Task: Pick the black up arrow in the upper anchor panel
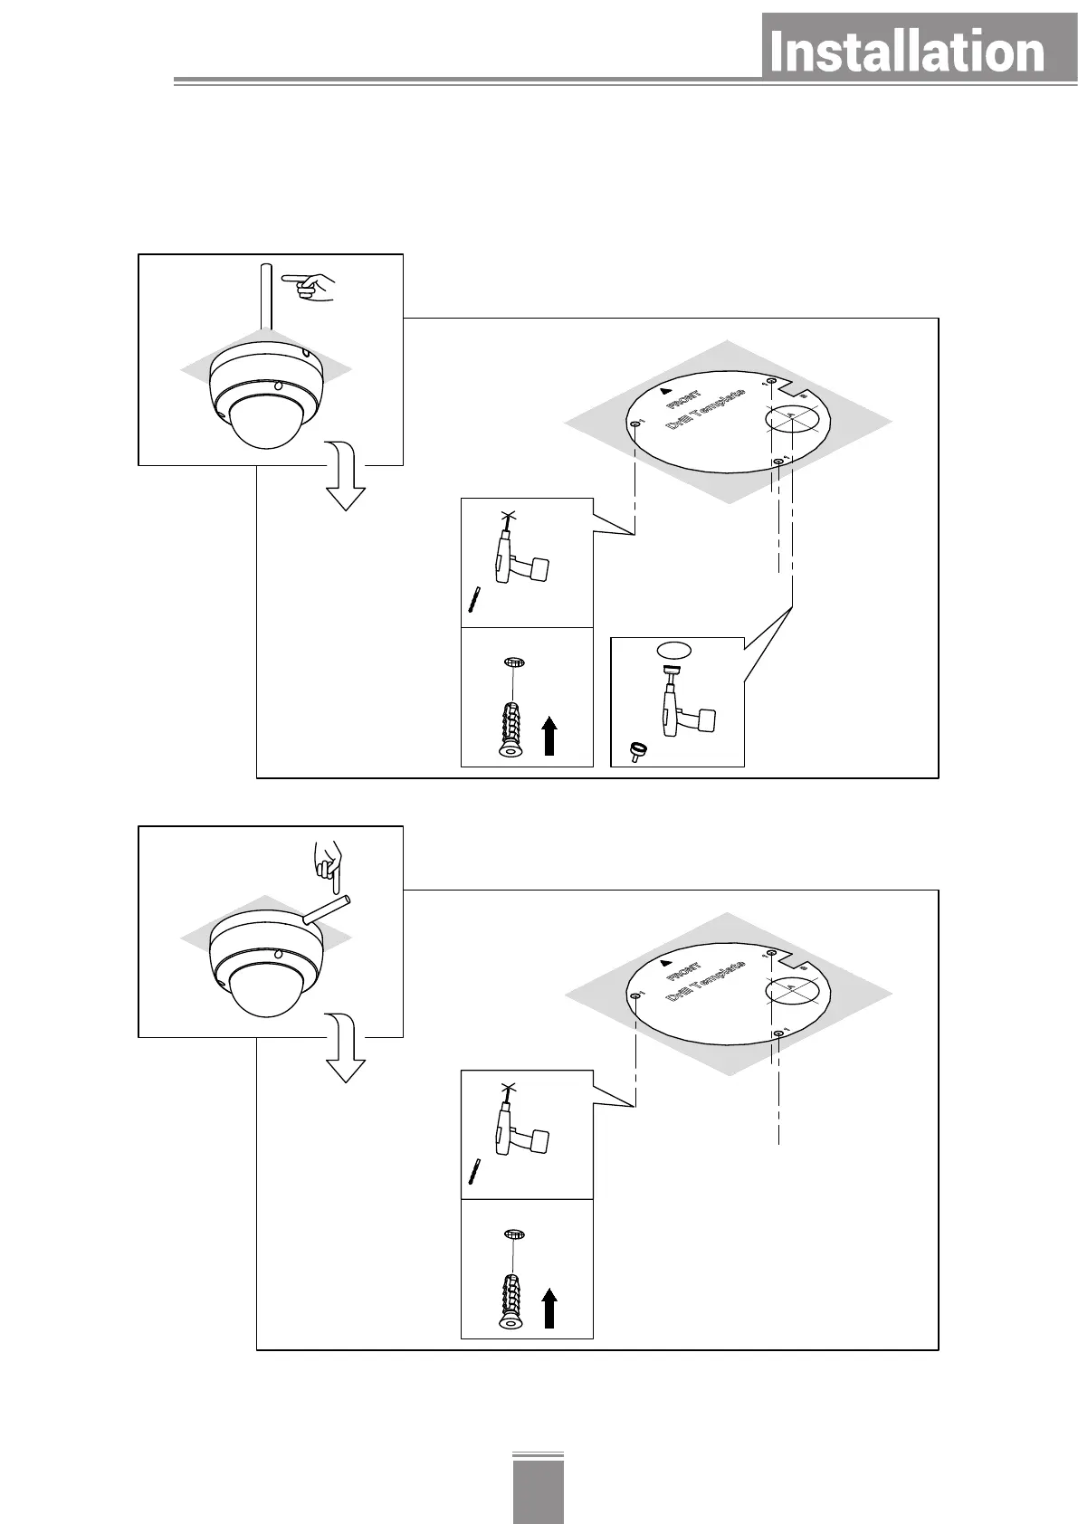[549, 735]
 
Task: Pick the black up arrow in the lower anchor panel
[549, 1308]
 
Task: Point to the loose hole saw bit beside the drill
[640, 751]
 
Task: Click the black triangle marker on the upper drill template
[666, 392]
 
